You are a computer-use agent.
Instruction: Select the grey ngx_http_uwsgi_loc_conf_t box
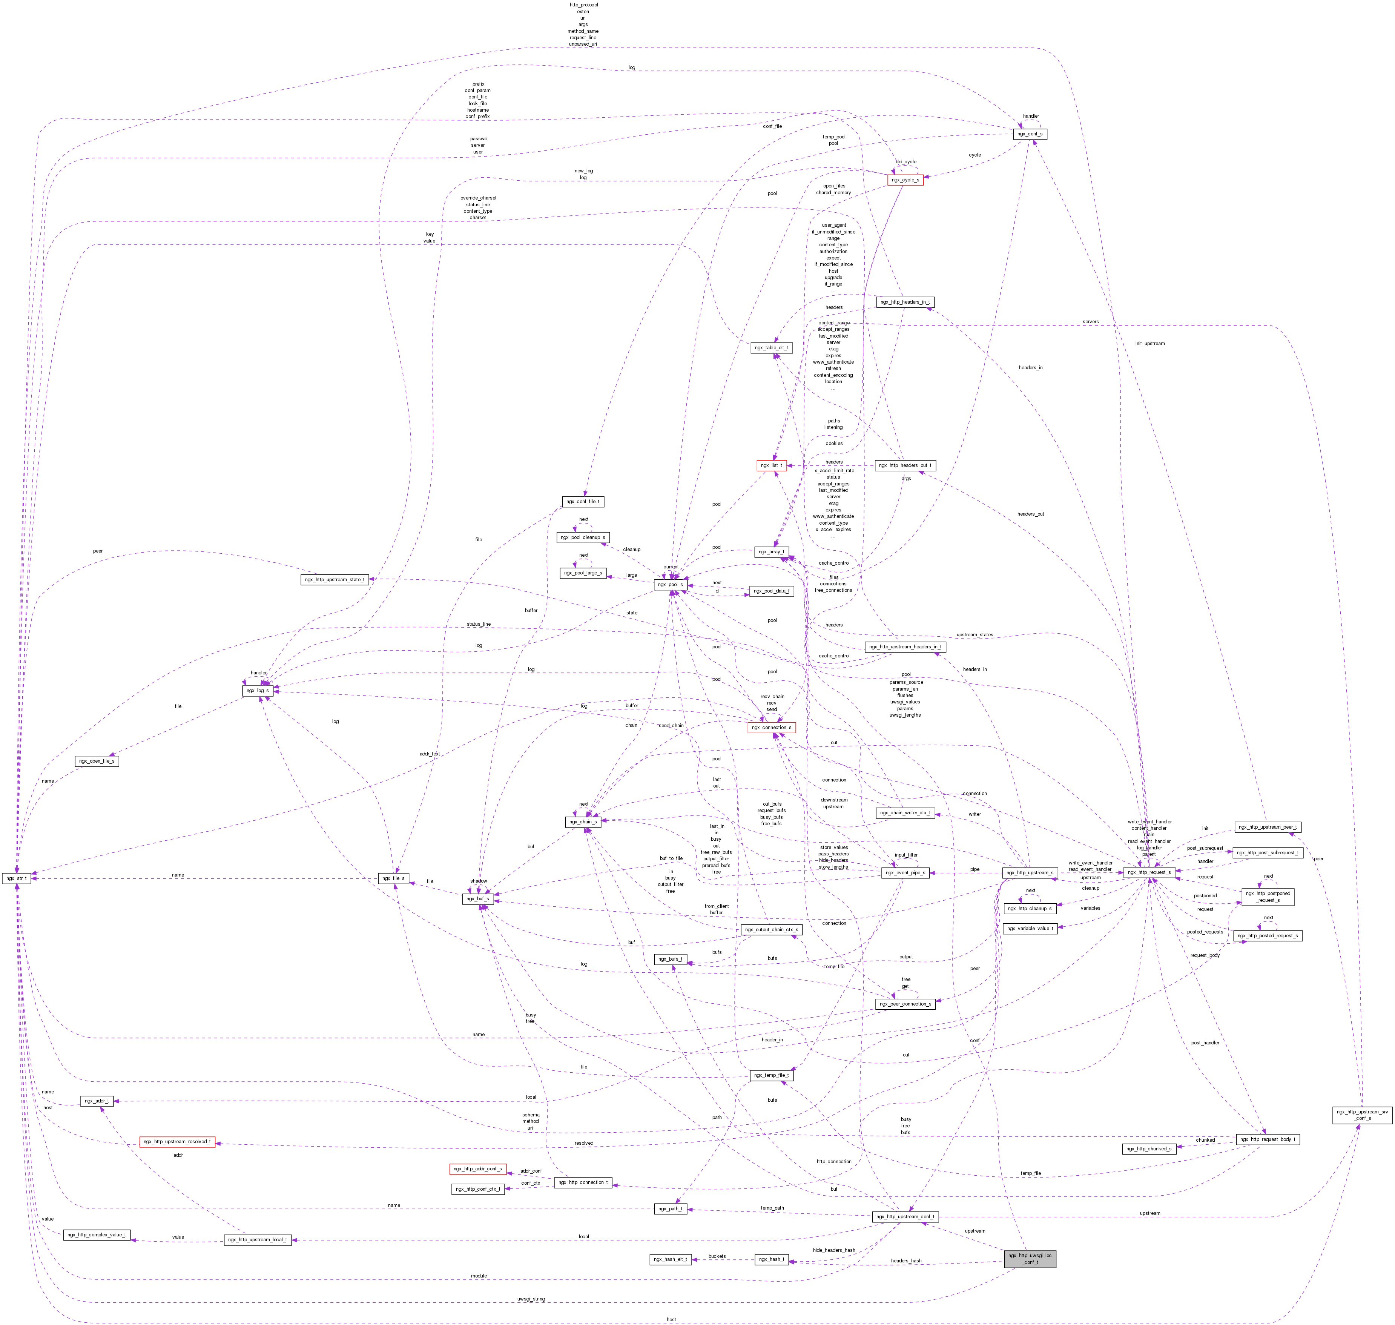pos(1030,1259)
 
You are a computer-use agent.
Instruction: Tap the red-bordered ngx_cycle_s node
pos(905,180)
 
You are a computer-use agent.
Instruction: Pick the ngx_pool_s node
pos(670,585)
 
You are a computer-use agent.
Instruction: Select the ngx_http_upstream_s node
pos(1029,873)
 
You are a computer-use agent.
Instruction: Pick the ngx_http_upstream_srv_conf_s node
pos(1363,1115)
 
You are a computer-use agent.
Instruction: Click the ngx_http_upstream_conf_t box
pos(905,1217)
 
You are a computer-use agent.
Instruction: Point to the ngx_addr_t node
pos(97,1101)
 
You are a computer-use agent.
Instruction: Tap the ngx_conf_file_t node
pos(583,502)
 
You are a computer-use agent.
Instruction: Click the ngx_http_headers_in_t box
pos(905,302)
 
